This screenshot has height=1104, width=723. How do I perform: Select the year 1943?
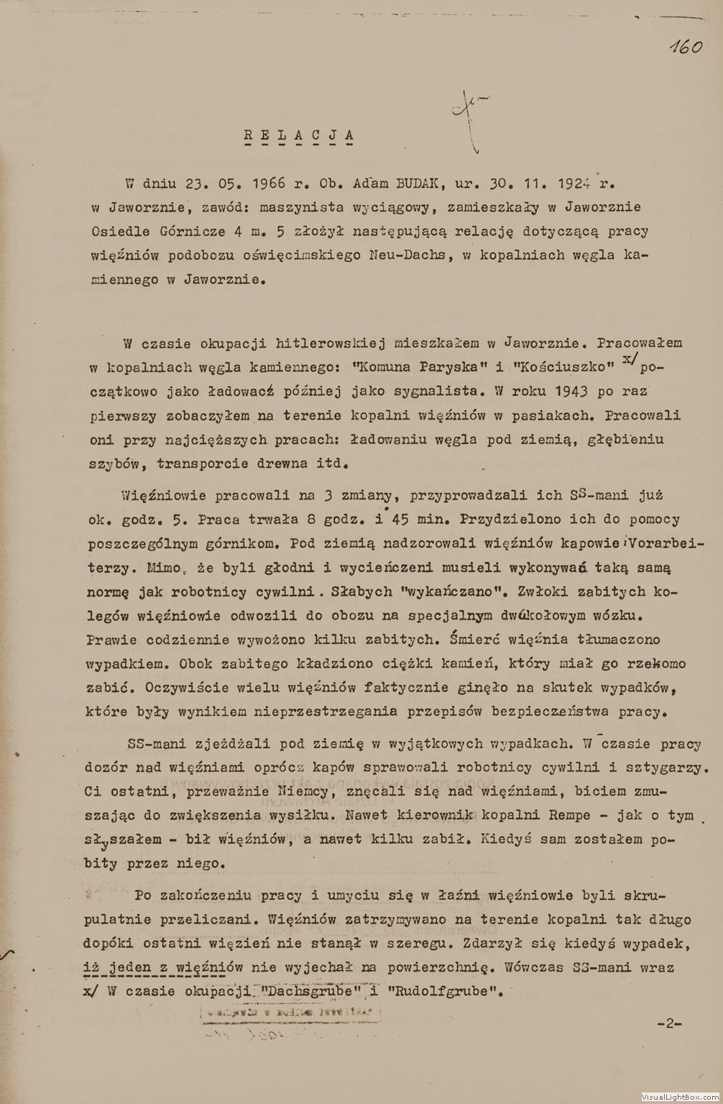click(572, 391)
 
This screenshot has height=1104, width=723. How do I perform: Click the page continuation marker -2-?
click(669, 1023)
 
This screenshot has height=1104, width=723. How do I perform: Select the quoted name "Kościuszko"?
click(563, 367)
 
